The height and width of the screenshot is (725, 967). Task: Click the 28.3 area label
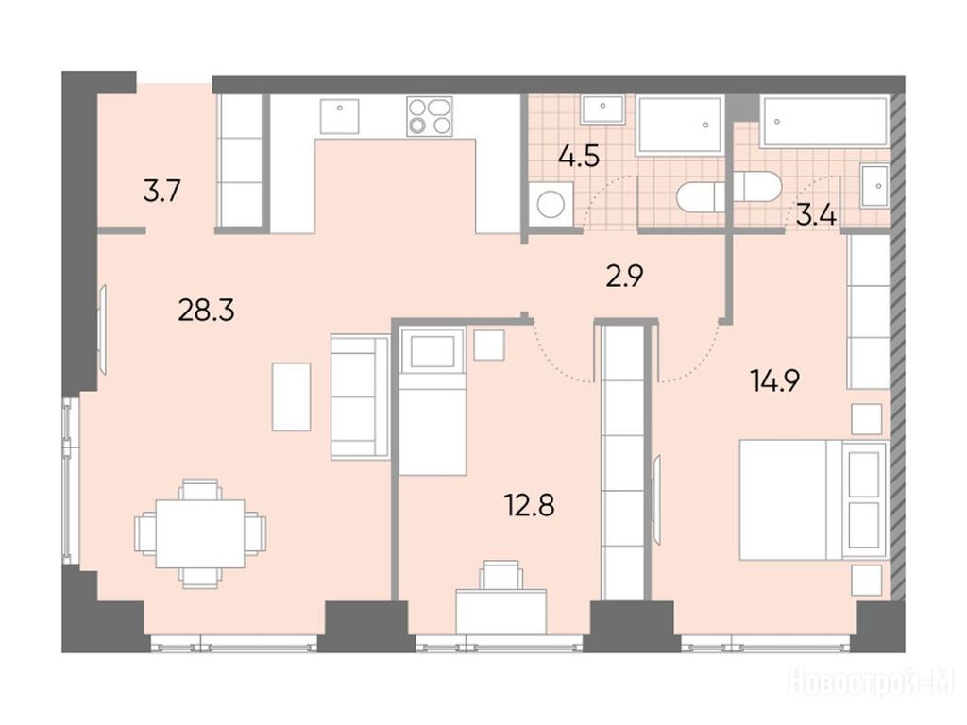pos(206,311)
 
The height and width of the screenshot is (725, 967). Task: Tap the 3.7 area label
pos(161,191)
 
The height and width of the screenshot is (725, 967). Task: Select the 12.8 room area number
pos(530,505)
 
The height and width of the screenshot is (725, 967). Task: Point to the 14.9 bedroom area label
pos(775,379)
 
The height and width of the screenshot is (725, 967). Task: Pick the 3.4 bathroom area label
pos(816,216)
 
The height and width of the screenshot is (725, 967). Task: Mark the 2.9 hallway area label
pos(624,277)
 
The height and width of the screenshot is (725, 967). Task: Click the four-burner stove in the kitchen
pos(430,116)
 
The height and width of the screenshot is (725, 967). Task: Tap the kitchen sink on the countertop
pos(339,116)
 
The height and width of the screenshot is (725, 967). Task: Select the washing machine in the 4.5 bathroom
pos(551,205)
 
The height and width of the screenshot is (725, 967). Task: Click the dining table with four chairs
pos(200,533)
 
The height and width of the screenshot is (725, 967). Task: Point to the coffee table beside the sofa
pos(291,396)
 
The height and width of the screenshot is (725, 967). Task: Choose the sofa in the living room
pos(360,396)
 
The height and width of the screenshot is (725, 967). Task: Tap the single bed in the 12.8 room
pos(432,402)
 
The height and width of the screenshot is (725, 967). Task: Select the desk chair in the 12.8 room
pos(501,575)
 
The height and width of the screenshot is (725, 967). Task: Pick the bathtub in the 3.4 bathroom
pos(823,122)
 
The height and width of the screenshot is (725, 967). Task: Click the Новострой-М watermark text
pos(872,683)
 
